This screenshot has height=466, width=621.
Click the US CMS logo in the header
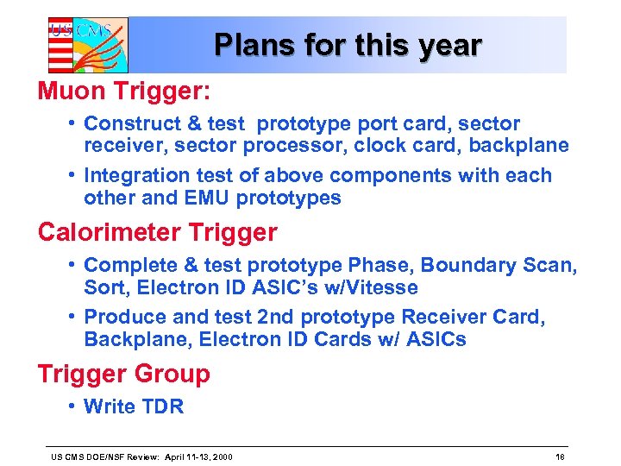87,45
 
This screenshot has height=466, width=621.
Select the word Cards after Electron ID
339,340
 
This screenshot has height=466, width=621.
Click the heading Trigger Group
123,375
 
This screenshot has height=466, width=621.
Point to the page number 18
560,456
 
